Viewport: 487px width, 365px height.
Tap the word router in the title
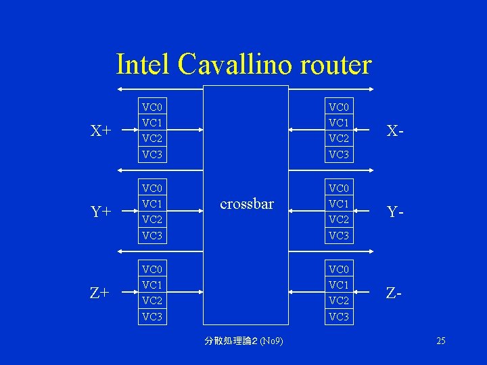pyautogui.click(x=334, y=65)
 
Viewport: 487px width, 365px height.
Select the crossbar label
pyautogui.click(x=246, y=203)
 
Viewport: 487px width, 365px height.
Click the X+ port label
pyautogui.click(x=101, y=130)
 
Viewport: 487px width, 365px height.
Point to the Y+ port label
pyautogui.click(x=101, y=212)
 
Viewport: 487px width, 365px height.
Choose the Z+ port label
pyautogui.click(x=101, y=293)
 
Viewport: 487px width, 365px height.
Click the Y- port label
pyautogui.click(x=396, y=212)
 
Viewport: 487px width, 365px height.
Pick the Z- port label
pyautogui.click(x=396, y=293)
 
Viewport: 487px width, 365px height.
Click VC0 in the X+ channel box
pyautogui.click(x=152, y=107)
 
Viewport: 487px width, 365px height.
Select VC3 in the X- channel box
pyautogui.click(x=339, y=155)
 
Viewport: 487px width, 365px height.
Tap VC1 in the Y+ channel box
pyautogui.click(x=152, y=203)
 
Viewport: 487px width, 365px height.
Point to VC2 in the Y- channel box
pyautogui.click(x=339, y=220)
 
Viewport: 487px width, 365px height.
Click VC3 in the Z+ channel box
pyautogui.click(x=152, y=316)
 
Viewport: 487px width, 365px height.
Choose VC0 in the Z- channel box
pyautogui.click(x=339, y=268)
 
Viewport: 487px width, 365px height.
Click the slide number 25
pyautogui.click(x=440, y=341)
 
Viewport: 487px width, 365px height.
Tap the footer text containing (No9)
pyautogui.click(x=243, y=341)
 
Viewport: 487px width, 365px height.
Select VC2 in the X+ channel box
pyautogui.click(x=152, y=139)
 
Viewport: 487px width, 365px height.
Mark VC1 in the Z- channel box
pyautogui.click(x=339, y=285)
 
